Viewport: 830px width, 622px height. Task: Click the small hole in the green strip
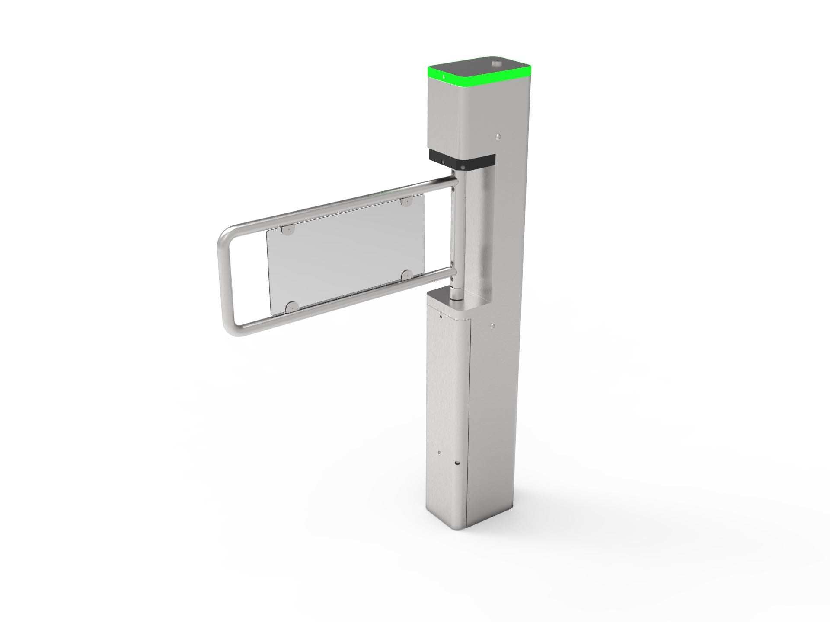[444, 77]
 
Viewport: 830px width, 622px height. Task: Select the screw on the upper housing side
[499, 136]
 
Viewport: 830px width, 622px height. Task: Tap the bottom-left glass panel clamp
[290, 306]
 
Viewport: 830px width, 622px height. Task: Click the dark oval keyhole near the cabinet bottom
[457, 463]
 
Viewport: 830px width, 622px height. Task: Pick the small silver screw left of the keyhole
[440, 453]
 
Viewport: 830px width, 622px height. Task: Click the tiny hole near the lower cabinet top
[440, 317]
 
